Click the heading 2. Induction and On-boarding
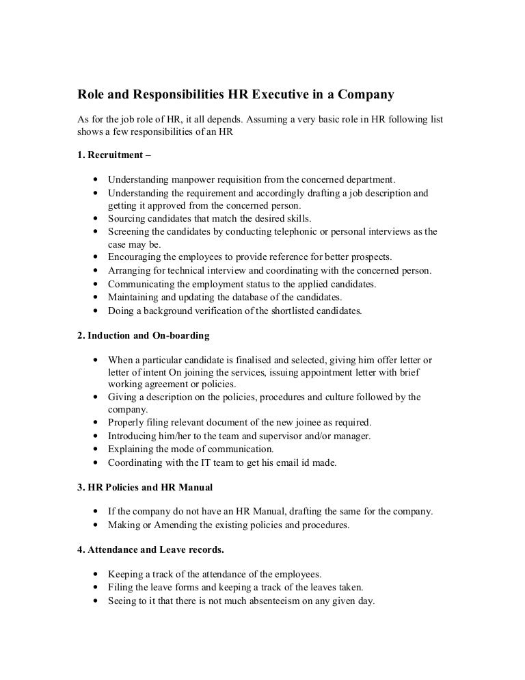click(x=144, y=336)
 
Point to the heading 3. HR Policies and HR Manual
click(x=145, y=488)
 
